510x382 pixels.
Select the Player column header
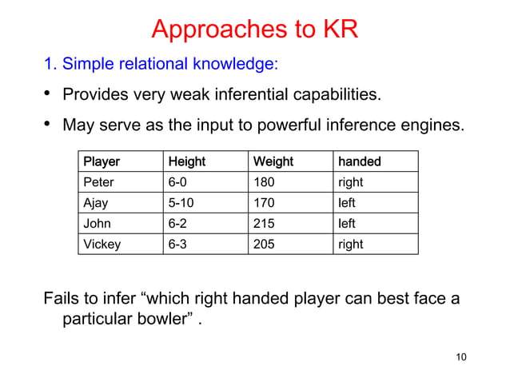102,161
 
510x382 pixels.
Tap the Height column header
186,161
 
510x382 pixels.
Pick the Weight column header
273,161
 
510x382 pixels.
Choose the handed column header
359,161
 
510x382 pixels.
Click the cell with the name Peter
99,182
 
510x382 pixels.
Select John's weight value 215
264,224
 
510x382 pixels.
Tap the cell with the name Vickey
102,245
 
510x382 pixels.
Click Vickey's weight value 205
264,245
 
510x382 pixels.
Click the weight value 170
264,203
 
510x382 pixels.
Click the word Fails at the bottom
62,299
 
